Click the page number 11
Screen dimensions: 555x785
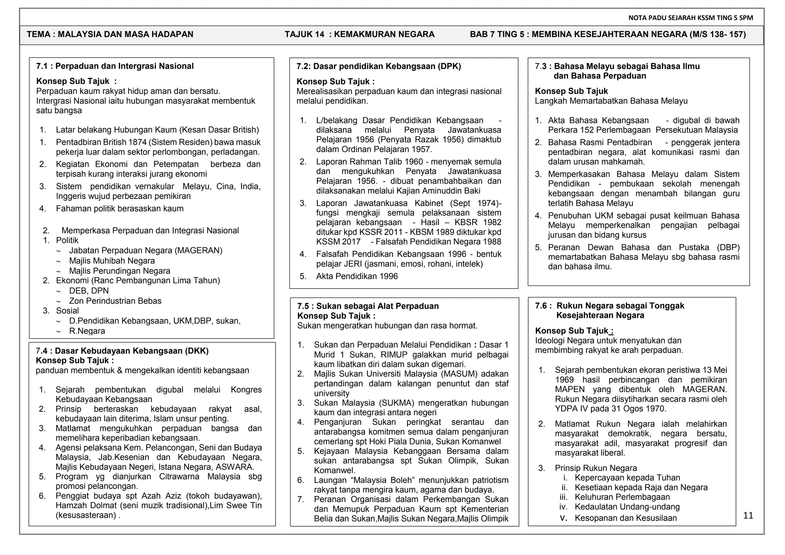pos(748,516)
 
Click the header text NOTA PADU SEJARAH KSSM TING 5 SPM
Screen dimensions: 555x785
pos(691,18)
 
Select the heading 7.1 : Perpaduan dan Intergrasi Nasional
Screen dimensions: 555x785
pos(115,66)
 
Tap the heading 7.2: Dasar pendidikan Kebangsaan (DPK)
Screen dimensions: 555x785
pos(378,66)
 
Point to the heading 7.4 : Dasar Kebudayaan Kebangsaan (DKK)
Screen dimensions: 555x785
pos(122,351)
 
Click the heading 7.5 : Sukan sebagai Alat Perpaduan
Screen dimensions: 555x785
pos(368,306)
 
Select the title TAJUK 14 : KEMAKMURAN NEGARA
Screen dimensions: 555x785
pos(359,34)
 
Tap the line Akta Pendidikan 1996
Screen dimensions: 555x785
pos(356,276)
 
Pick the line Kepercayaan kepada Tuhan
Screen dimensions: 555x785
pos(627,478)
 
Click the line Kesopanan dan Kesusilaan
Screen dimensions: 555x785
pos(626,518)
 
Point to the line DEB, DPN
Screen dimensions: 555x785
pos(89,291)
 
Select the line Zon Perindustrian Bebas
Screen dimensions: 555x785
pos(115,301)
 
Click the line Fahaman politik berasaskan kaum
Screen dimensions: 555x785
pos(120,209)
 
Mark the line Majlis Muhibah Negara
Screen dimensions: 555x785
pos(112,261)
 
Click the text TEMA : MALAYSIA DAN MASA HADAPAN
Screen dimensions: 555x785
pos(110,34)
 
